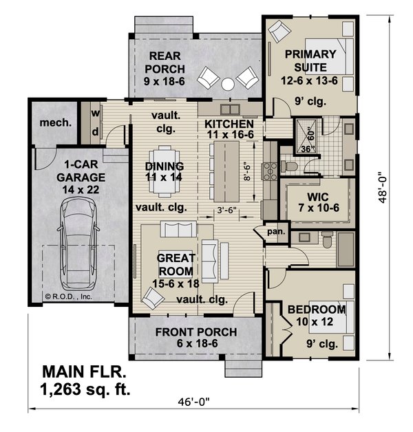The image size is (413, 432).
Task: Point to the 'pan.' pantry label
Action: click(x=276, y=232)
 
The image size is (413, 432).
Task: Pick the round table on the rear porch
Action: click(x=229, y=85)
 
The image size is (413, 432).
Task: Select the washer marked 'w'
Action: click(x=95, y=113)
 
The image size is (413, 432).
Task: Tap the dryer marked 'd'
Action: click(x=95, y=131)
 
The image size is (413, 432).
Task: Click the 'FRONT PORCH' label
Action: click(x=195, y=332)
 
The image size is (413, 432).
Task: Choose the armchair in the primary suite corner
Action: click(x=279, y=32)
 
